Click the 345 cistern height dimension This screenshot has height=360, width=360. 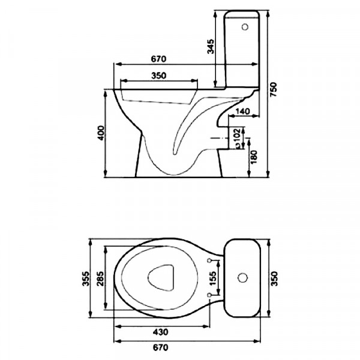point(211,47)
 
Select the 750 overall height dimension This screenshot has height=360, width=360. point(274,89)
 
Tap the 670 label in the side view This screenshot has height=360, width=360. point(158,59)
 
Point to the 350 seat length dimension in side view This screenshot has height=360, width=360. point(158,76)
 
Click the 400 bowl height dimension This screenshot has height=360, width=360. point(101,133)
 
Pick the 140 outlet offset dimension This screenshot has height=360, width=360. point(242,112)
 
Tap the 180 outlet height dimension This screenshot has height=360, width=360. point(254,157)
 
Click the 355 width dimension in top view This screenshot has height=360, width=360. point(86,278)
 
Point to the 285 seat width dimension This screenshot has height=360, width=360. point(100,278)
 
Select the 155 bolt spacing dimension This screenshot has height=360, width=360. point(213,278)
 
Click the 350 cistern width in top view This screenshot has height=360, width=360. point(274,278)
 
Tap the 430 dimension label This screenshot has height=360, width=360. point(161,332)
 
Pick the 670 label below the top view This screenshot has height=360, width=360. point(161,347)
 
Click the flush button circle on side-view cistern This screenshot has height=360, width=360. point(245,27)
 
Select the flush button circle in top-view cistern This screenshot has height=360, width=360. point(242,278)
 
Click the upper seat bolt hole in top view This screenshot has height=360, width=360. point(209,260)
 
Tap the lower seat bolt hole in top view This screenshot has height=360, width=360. point(209,295)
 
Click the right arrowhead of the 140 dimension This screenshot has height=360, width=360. point(256,116)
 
